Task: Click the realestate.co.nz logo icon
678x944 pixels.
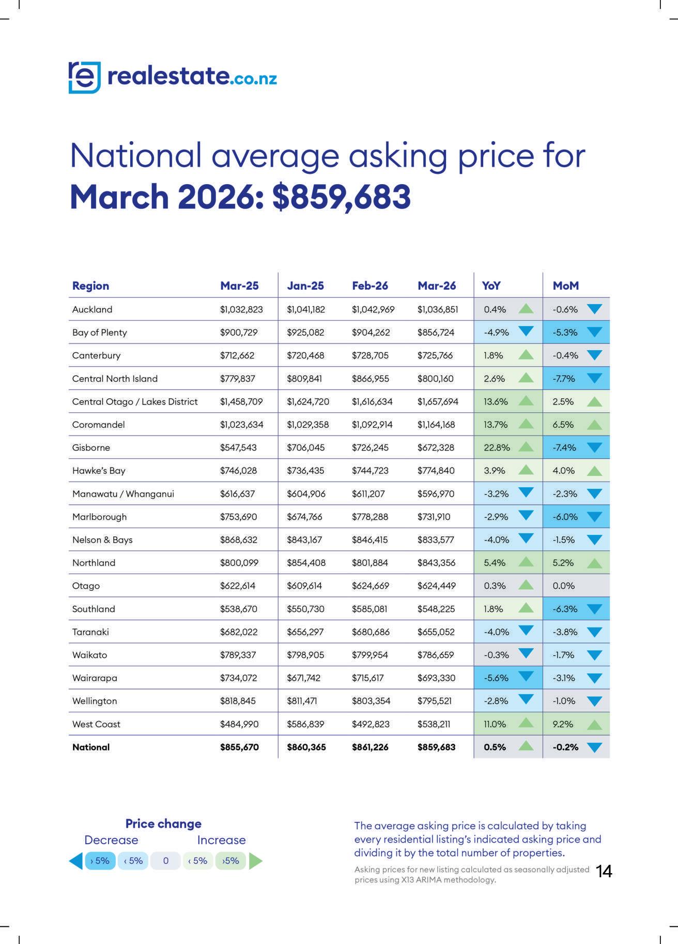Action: click(x=84, y=78)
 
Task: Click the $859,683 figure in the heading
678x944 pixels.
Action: click(x=342, y=197)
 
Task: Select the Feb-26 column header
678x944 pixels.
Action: click(x=369, y=286)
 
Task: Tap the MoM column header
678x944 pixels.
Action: click(x=565, y=286)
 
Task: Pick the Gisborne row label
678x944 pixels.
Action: click(x=91, y=447)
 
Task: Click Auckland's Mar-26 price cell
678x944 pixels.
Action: click(x=437, y=309)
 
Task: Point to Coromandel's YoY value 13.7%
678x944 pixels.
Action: click(x=495, y=425)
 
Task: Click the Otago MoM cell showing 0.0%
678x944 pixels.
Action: click(x=563, y=586)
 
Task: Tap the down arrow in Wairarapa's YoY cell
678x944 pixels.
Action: click(x=526, y=676)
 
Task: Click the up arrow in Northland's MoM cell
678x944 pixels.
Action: click(x=594, y=563)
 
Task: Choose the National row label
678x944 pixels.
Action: click(x=91, y=747)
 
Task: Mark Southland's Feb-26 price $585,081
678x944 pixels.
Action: click(x=369, y=609)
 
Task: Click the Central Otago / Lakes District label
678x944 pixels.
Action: click(x=135, y=401)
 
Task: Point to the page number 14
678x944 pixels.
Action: click(x=604, y=872)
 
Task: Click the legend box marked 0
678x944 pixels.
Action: click(x=165, y=861)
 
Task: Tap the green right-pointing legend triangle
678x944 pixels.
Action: click(x=255, y=861)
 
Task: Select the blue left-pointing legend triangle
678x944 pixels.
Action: click(x=76, y=861)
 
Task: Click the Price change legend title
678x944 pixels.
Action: click(x=163, y=823)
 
